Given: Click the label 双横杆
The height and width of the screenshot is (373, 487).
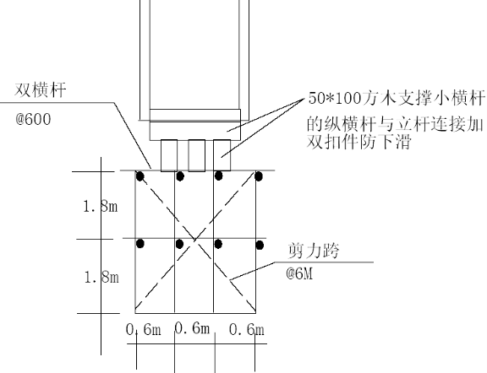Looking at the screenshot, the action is tap(41, 90).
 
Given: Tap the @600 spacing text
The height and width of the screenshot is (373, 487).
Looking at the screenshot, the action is tap(33, 120).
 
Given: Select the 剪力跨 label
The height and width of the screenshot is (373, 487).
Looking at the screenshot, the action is tap(314, 251).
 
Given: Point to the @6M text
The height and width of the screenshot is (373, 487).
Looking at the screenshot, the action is tap(299, 273).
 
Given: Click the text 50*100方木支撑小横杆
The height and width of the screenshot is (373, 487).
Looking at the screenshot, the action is tap(397, 98).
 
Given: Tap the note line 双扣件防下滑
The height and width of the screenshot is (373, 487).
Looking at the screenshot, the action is tap(359, 142).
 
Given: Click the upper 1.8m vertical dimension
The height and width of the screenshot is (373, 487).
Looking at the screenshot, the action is tap(101, 206).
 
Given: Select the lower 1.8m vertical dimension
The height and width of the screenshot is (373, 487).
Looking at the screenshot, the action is tap(101, 277).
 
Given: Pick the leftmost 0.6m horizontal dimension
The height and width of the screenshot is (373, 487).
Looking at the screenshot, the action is tap(144, 330).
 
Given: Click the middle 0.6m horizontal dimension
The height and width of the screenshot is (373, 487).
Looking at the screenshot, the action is tap(192, 328).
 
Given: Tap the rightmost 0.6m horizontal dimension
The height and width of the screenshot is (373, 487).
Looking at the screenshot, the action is tap(247, 330).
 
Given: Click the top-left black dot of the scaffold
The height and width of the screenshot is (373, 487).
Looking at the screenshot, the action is tap(140, 176).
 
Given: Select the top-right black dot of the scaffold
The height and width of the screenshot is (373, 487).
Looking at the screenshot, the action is tap(259, 176).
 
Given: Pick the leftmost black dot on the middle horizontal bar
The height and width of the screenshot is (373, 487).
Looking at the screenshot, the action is tap(140, 244).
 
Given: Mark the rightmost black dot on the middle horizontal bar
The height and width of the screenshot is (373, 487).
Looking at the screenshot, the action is tap(260, 246).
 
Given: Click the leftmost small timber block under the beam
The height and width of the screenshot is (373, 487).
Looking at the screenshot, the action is tap(169, 155).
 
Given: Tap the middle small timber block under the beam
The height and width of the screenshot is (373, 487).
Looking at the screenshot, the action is tap(197, 155).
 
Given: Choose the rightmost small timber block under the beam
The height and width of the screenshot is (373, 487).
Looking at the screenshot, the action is tap(222, 155).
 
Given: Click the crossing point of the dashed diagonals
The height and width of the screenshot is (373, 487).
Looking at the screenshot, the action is tap(195, 240).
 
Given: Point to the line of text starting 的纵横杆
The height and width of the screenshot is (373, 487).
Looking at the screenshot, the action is tap(395, 125).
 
